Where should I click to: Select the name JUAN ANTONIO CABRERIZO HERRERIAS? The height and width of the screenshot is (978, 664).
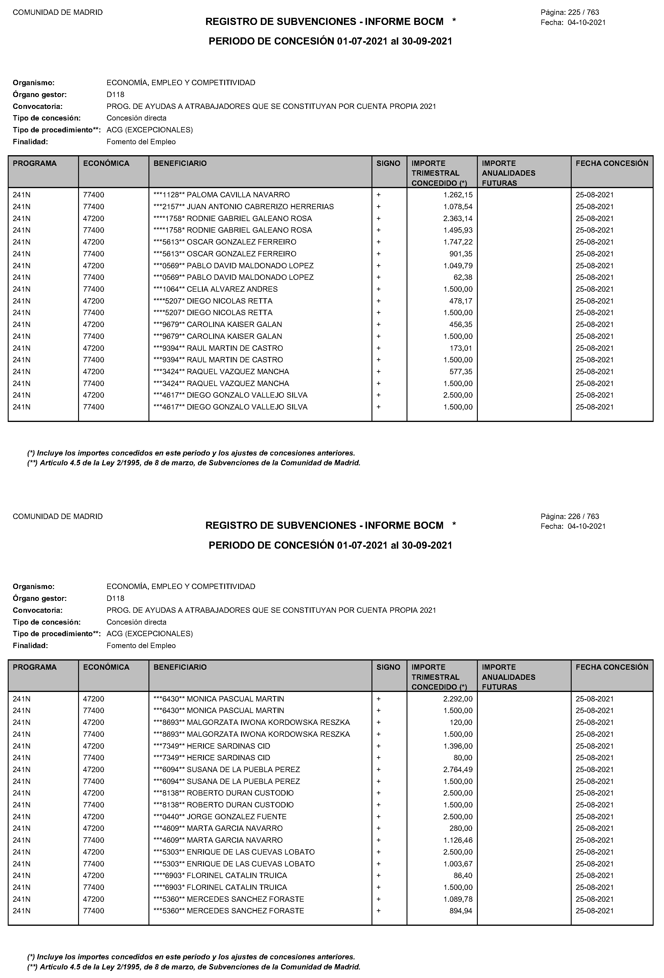pos(260,207)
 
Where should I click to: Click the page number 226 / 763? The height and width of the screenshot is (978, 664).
pos(583,516)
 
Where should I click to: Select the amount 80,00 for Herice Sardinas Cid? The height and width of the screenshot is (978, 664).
pos(463,758)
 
